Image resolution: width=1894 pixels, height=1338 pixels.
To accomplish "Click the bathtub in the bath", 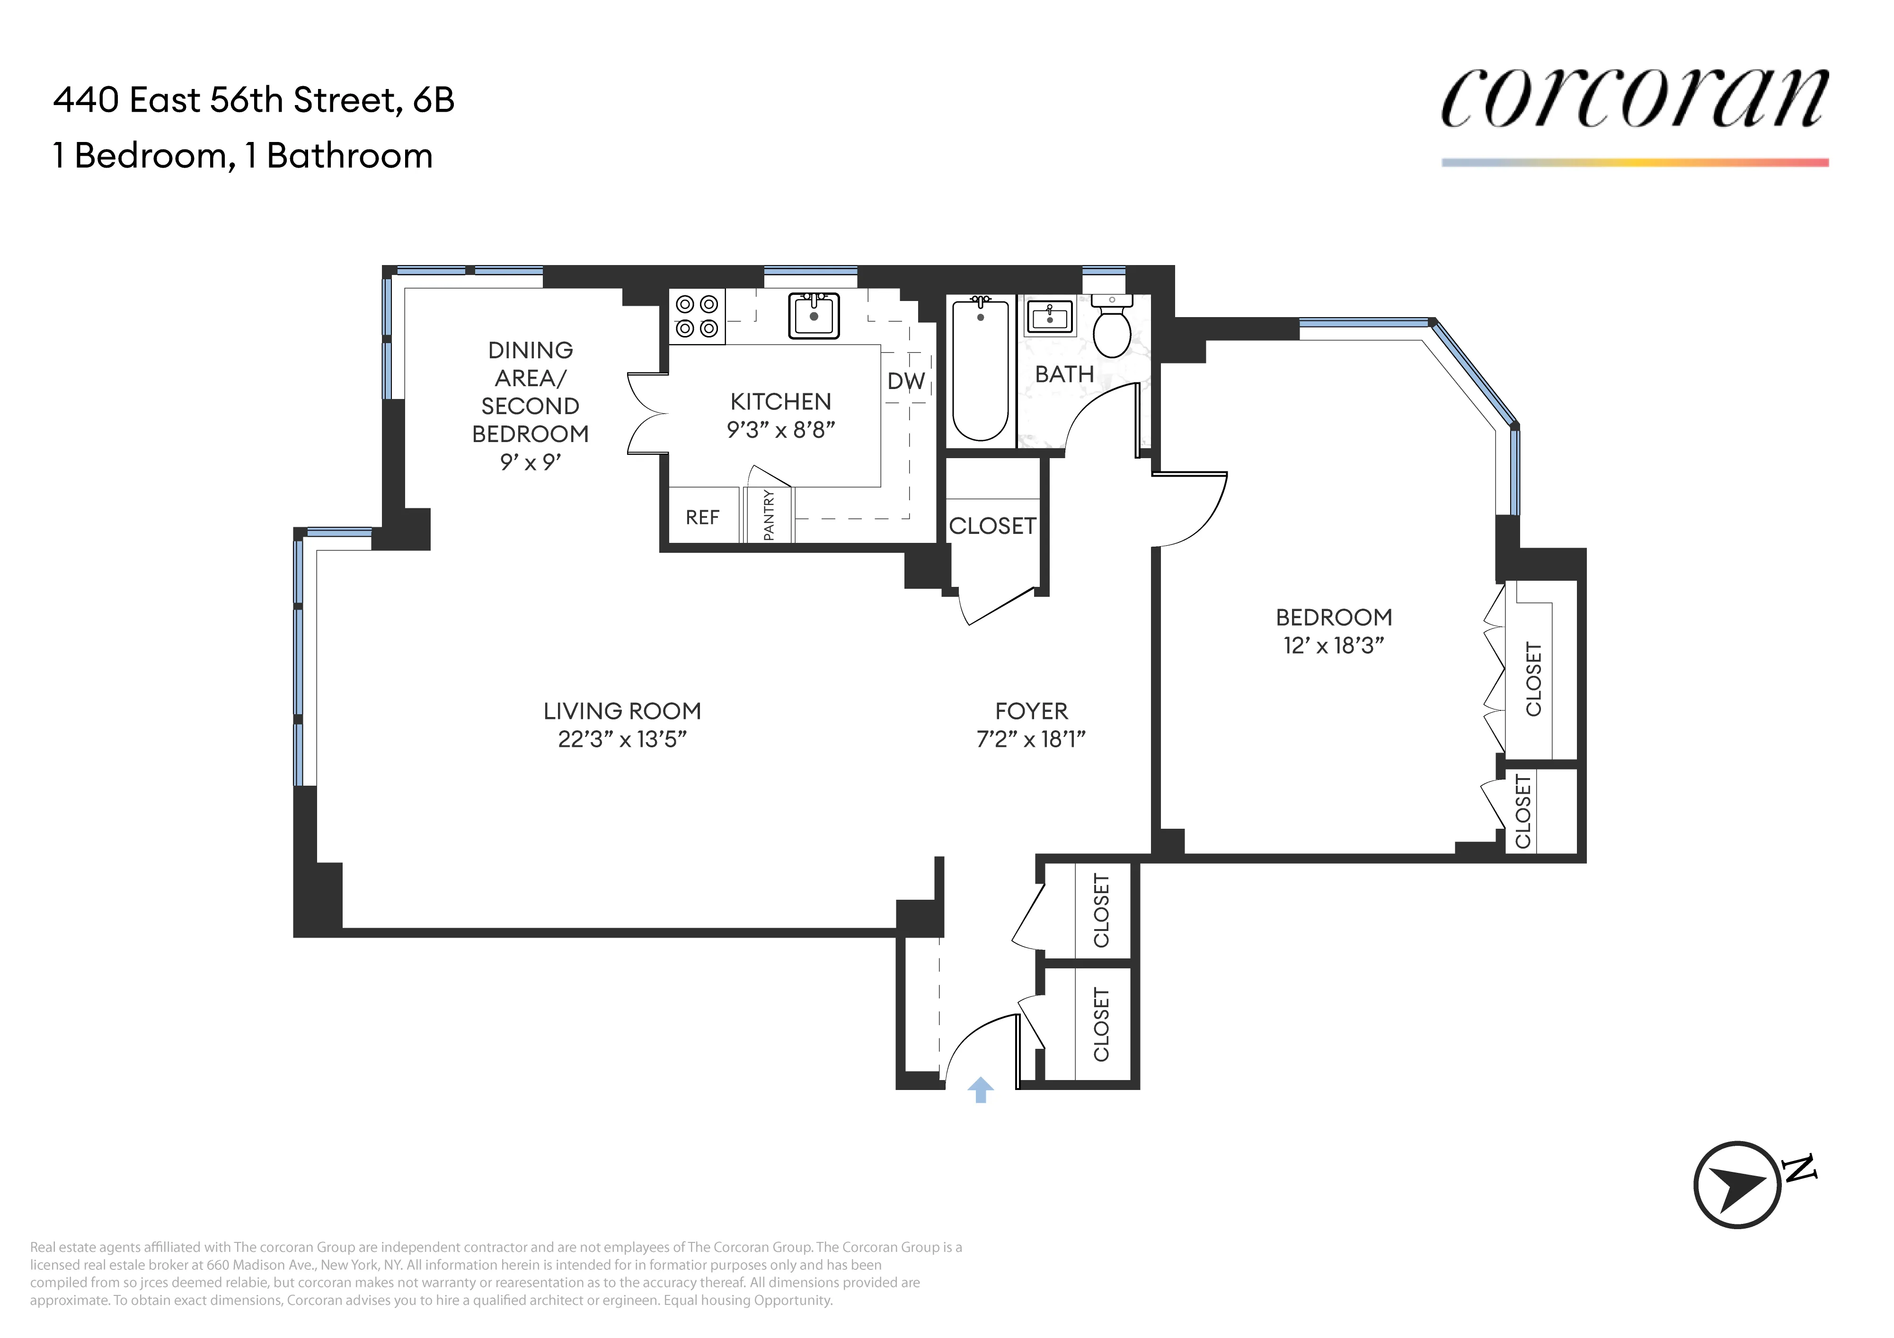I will [980, 371].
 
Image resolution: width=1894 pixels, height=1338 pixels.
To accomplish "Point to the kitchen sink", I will [814, 316].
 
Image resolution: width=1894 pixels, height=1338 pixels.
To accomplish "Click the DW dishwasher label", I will [906, 381].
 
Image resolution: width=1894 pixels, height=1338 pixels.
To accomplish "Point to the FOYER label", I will [1031, 710].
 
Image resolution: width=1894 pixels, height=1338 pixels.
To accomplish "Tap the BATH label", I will [1064, 374].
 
